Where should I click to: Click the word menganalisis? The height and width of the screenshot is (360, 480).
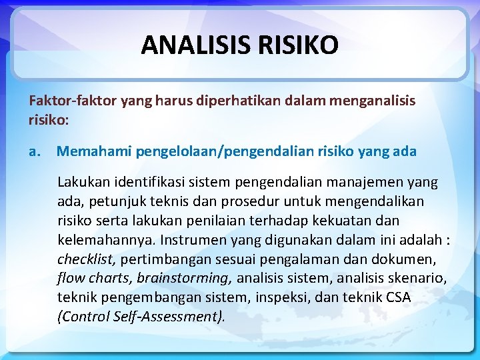point(370,101)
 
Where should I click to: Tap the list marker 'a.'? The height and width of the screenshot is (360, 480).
point(35,151)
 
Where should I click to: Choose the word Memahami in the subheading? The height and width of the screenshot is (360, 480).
point(93,151)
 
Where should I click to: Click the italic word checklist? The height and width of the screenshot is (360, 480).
point(83,259)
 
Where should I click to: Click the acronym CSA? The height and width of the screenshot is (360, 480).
point(397,297)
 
